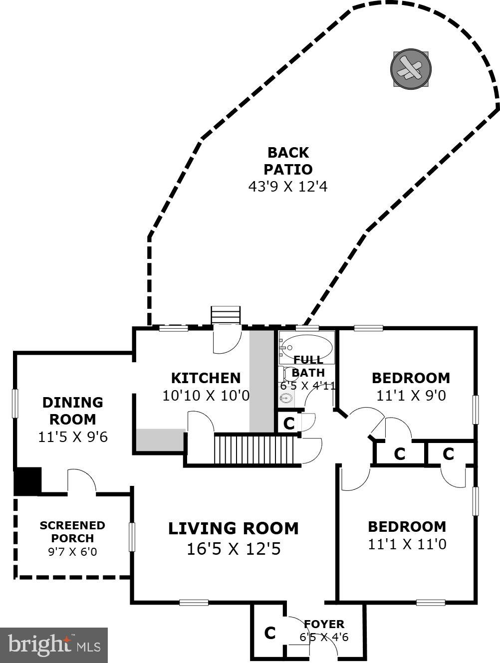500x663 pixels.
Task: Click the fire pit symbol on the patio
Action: coord(411,69)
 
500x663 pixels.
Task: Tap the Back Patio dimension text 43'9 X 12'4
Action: coord(288,187)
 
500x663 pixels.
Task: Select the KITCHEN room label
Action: coord(206,378)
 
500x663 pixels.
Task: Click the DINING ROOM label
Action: coord(73,411)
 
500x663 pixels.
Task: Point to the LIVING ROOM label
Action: coord(233,528)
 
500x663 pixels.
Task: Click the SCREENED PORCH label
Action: coord(72,532)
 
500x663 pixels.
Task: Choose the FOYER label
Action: coord(324,624)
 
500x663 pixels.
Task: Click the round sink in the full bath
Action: coord(286,398)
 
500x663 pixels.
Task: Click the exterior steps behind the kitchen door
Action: coord(226,315)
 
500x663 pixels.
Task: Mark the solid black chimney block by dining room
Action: coord(27,481)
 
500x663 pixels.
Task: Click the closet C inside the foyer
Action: coord(269,633)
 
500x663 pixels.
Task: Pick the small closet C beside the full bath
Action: coord(288,423)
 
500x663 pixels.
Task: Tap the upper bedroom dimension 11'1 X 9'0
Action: coord(411,396)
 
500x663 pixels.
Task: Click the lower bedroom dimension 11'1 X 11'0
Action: coord(407,544)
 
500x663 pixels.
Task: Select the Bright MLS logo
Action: coord(54,645)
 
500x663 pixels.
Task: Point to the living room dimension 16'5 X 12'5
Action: coord(233,549)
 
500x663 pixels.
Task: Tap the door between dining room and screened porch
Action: coord(81,482)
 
